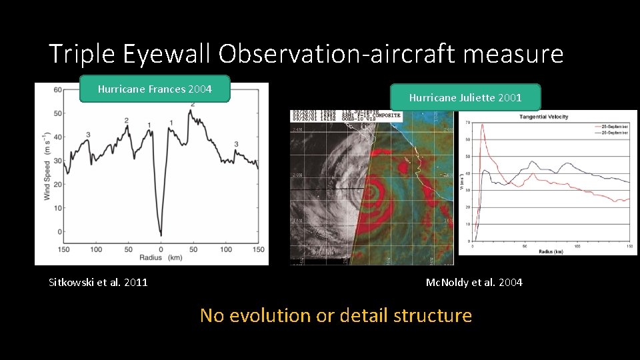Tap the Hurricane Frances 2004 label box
tap(154, 88)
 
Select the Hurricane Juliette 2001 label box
tap(465, 97)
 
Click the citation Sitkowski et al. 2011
tap(99, 282)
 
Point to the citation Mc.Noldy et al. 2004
tap(474, 282)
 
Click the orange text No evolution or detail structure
tap(335, 315)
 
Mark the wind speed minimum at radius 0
tap(161, 233)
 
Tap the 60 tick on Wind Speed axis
tap(58, 90)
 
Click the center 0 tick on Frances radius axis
tap(161, 249)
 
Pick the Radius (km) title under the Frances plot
tap(161, 258)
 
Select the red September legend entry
tap(609, 125)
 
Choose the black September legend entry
tap(609, 131)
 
